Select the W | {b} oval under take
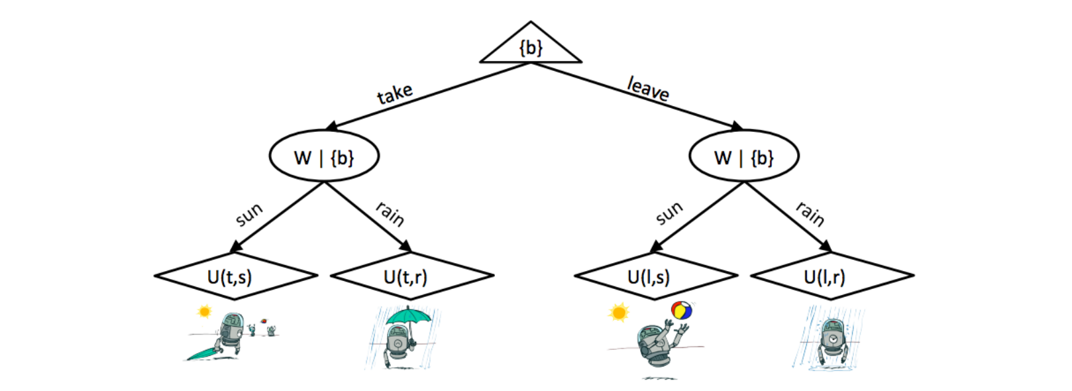point(324,157)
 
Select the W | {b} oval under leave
point(744,157)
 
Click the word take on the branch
point(395,93)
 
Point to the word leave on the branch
point(648,88)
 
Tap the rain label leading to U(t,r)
point(390,214)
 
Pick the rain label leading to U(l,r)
point(810,214)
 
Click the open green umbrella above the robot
point(408,315)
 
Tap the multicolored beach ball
point(682,310)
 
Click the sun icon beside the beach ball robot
point(619,311)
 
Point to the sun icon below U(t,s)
point(204,311)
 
